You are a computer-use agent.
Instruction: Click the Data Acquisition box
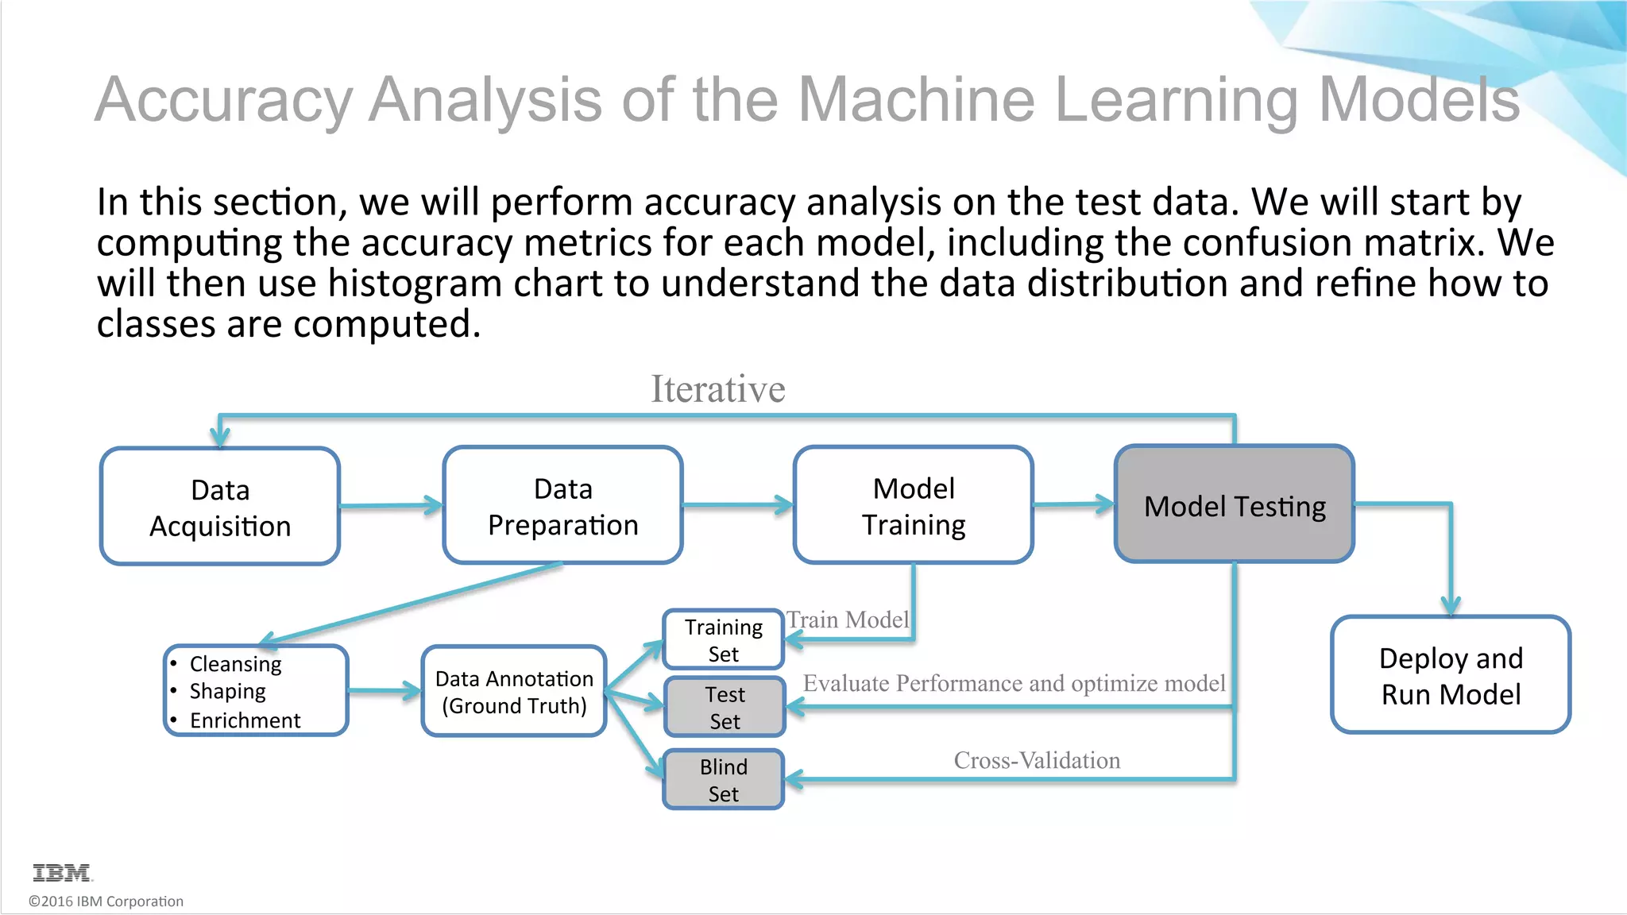point(220,507)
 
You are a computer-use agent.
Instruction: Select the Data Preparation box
point(562,506)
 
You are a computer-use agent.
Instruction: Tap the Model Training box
point(913,506)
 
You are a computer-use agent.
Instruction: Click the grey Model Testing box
point(1234,505)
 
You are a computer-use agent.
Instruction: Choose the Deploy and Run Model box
point(1450,675)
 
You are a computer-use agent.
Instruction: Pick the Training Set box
point(723,640)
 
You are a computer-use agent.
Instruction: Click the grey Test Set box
point(725,707)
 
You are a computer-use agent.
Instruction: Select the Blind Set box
point(723,779)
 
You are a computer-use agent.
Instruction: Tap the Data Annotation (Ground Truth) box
point(514,691)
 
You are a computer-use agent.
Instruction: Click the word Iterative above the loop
point(717,389)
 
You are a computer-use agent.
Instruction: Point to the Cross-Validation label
point(1036,760)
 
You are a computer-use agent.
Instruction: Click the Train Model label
point(847,620)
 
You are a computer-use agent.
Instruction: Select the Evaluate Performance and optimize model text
point(1014,683)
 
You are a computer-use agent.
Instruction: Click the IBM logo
point(62,873)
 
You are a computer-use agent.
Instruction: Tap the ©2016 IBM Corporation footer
point(106,901)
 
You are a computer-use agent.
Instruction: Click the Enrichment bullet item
point(245,720)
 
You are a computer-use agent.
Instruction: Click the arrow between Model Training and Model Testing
point(1072,504)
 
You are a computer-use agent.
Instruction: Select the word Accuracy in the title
point(223,100)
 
